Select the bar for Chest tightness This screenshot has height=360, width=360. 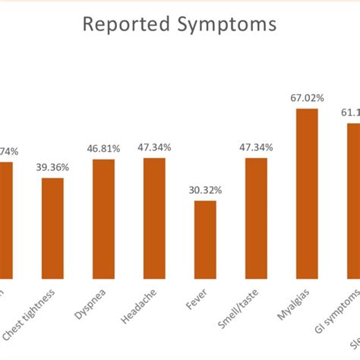coord(52,226)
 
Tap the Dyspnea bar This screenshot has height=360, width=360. coord(103,216)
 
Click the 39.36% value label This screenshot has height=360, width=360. coord(52,168)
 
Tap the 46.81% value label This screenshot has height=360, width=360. coord(103,149)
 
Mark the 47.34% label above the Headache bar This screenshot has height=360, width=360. coord(154,147)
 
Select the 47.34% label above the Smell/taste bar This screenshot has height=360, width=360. coord(256,147)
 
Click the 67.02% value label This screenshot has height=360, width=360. coord(307,98)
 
